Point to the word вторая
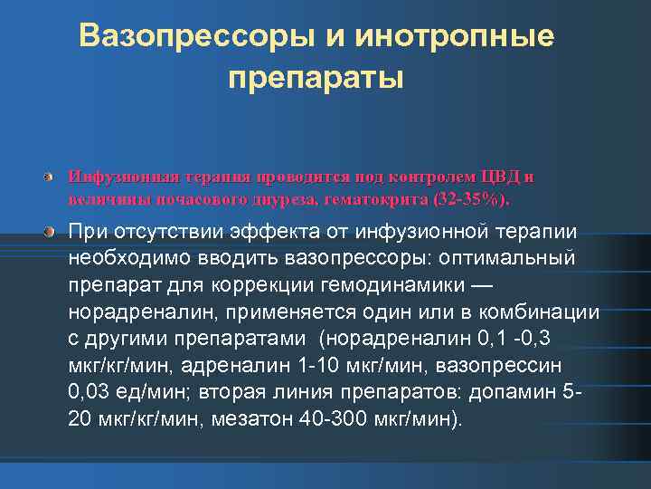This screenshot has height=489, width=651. coord(228,392)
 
